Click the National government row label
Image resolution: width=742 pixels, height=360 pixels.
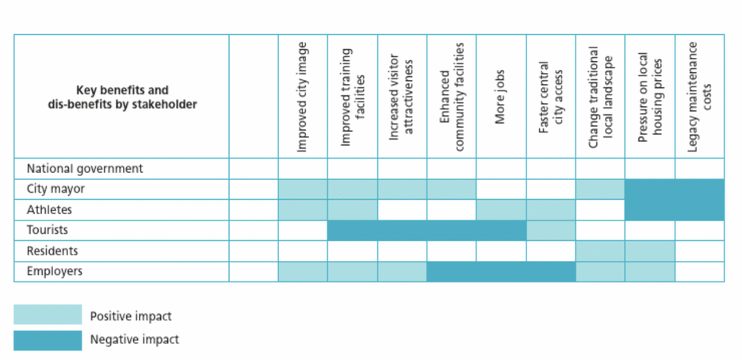click(x=85, y=168)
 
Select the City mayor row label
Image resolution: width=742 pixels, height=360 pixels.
click(x=55, y=189)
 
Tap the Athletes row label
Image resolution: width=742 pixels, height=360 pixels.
click(x=49, y=209)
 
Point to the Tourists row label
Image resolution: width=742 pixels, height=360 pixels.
click(x=48, y=230)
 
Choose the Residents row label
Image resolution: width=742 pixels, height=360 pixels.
click(x=52, y=251)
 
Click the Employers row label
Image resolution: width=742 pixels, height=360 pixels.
click(x=55, y=271)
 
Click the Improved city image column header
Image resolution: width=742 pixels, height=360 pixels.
click(x=303, y=97)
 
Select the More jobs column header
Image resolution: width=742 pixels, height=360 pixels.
click(x=501, y=97)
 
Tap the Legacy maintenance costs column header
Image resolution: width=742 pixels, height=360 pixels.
click(x=699, y=97)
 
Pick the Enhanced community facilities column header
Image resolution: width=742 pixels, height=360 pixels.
click(x=451, y=97)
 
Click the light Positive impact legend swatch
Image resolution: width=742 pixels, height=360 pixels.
click(x=48, y=315)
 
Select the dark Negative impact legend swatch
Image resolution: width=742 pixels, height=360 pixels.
click(x=48, y=341)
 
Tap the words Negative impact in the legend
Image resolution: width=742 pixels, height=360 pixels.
click(x=135, y=339)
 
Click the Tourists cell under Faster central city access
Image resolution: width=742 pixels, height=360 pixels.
click(x=551, y=231)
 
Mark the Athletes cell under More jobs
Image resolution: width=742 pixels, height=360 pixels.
click(x=501, y=209)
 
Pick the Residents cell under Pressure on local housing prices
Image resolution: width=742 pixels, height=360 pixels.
click(x=650, y=251)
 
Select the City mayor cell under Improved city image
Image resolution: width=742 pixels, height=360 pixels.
click(x=303, y=190)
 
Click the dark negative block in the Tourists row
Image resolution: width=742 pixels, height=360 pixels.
click(x=426, y=231)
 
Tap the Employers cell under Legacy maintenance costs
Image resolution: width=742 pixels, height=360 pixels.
click(x=699, y=271)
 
